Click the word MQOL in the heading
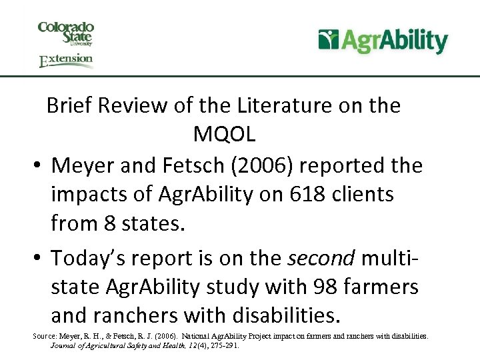click(224, 134)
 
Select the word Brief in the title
click(70, 105)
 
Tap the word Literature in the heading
click(278, 105)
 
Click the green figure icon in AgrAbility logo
click(328, 40)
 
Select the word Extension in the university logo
click(66, 60)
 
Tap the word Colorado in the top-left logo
click(65, 28)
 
